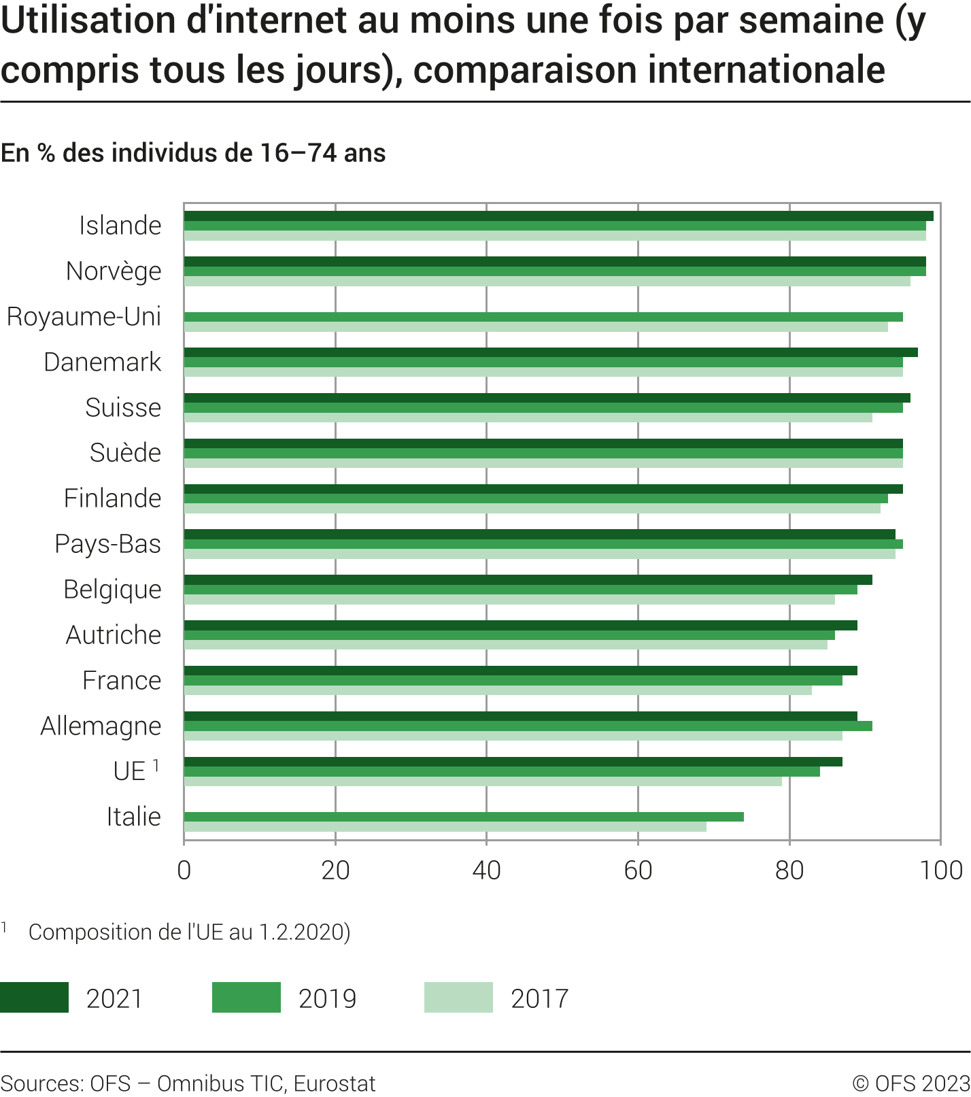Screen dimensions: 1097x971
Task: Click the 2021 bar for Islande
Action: point(558,216)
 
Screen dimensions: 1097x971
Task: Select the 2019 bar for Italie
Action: point(464,817)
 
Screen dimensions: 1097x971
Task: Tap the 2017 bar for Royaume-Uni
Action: point(536,327)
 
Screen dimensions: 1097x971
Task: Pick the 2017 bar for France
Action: point(498,690)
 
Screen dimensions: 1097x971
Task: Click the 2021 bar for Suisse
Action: point(547,398)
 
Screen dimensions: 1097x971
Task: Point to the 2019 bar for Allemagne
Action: point(528,726)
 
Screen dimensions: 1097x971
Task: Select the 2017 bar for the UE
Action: point(483,781)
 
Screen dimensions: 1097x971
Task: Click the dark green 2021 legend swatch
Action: point(34,998)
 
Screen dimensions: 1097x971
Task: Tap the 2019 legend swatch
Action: point(246,998)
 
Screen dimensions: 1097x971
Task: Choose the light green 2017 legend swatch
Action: point(458,998)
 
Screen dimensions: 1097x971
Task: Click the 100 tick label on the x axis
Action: point(941,870)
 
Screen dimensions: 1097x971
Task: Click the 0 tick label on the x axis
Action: point(184,870)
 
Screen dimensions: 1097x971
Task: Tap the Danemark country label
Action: point(103,362)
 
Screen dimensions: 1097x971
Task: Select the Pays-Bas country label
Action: point(108,544)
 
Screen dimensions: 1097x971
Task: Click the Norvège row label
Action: point(114,271)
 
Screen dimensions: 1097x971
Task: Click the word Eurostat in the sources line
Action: point(335,1083)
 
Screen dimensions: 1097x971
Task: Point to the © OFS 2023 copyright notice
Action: point(911,1083)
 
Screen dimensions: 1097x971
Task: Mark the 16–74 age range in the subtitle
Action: point(299,153)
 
